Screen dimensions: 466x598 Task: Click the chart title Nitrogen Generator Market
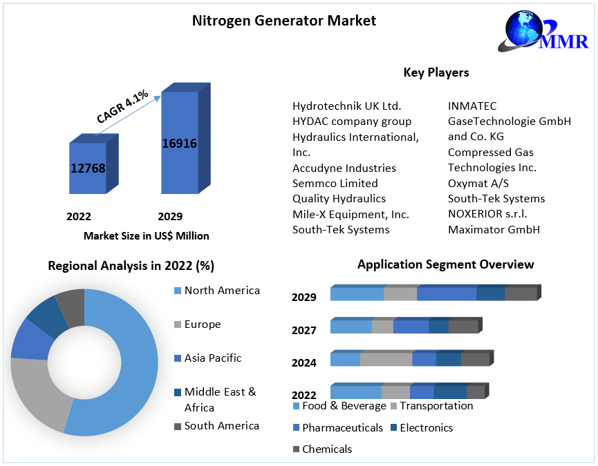[x=283, y=21]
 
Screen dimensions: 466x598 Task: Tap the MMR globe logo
[x=529, y=30]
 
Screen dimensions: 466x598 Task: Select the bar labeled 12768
[x=88, y=168]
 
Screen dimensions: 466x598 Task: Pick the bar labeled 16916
[x=179, y=143]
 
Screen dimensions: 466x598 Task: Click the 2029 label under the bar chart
[x=170, y=216]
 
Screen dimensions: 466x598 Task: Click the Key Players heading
[x=436, y=72]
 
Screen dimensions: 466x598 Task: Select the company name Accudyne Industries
[x=344, y=168]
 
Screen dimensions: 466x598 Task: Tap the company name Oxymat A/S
[x=478, y=183]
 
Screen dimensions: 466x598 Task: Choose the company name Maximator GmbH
[x=494, y=229]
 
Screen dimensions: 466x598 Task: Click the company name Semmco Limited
[x=335, y=183]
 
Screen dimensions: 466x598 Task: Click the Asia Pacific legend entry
[x=212, y=358]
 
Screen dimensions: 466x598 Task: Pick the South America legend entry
[x=221, y=426]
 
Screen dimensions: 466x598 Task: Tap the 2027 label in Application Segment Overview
[x=303, y=331]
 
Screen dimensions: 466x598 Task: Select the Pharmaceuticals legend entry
[x=342, y=428]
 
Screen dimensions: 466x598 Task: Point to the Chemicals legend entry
[x=326, y=449]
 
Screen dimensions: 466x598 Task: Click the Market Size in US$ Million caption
[x=146, y=236]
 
